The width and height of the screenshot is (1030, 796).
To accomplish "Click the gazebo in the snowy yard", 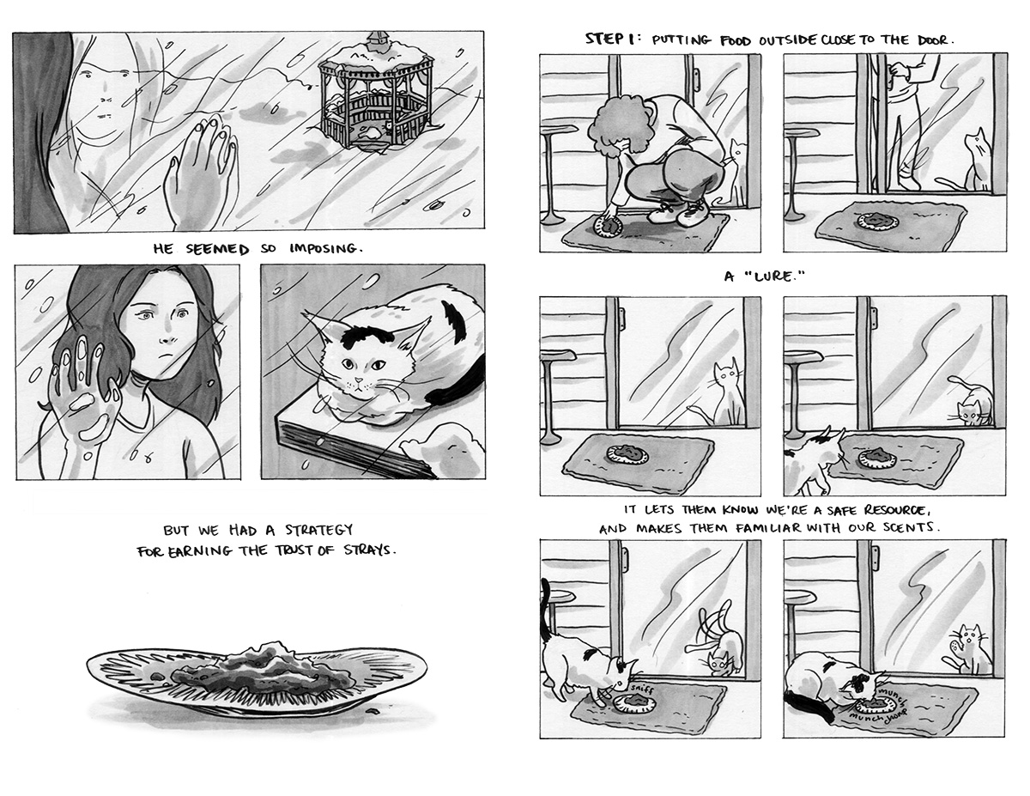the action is pos(376,94).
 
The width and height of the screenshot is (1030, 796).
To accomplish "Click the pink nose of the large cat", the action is pos(358,380).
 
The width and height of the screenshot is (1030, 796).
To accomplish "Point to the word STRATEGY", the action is pos(318,530).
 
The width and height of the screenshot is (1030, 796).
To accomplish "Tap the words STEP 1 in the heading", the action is pos(609,39).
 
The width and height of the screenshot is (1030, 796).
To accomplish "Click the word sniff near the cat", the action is pos(639,689).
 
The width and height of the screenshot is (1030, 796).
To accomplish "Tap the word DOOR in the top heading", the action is pos(932,40).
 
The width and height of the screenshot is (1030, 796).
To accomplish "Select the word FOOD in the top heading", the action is pos(736,40).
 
